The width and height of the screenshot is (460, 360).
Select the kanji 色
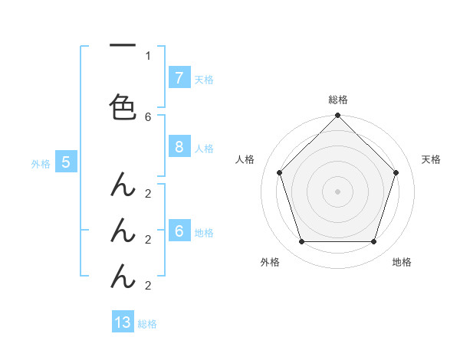point(123,106)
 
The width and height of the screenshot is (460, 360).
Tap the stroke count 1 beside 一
point(148,55)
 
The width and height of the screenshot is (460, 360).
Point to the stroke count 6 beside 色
point(148,116)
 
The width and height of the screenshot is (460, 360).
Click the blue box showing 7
point(179,77)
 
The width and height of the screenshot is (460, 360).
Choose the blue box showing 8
point(179,148)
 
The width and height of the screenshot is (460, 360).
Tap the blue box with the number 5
point(66,162)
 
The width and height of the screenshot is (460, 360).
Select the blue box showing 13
point(123,322)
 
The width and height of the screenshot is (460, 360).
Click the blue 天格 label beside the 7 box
point(204,79)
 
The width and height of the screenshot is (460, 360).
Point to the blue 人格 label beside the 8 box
point(204,149)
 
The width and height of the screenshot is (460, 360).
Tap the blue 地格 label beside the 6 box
point(204,233)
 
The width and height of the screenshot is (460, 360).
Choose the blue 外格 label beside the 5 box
point(40,163)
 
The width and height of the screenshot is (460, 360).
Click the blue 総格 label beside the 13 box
point(147,324)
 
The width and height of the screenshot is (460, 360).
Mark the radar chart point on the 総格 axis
point(337,116)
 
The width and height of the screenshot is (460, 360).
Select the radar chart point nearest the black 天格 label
point(396,172)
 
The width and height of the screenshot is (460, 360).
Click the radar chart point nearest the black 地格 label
point(373,242)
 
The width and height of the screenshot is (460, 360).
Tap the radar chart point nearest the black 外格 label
point(301,242)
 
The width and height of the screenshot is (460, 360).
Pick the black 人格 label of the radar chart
point(245,159)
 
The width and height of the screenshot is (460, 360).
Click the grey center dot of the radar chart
point(337,191)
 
